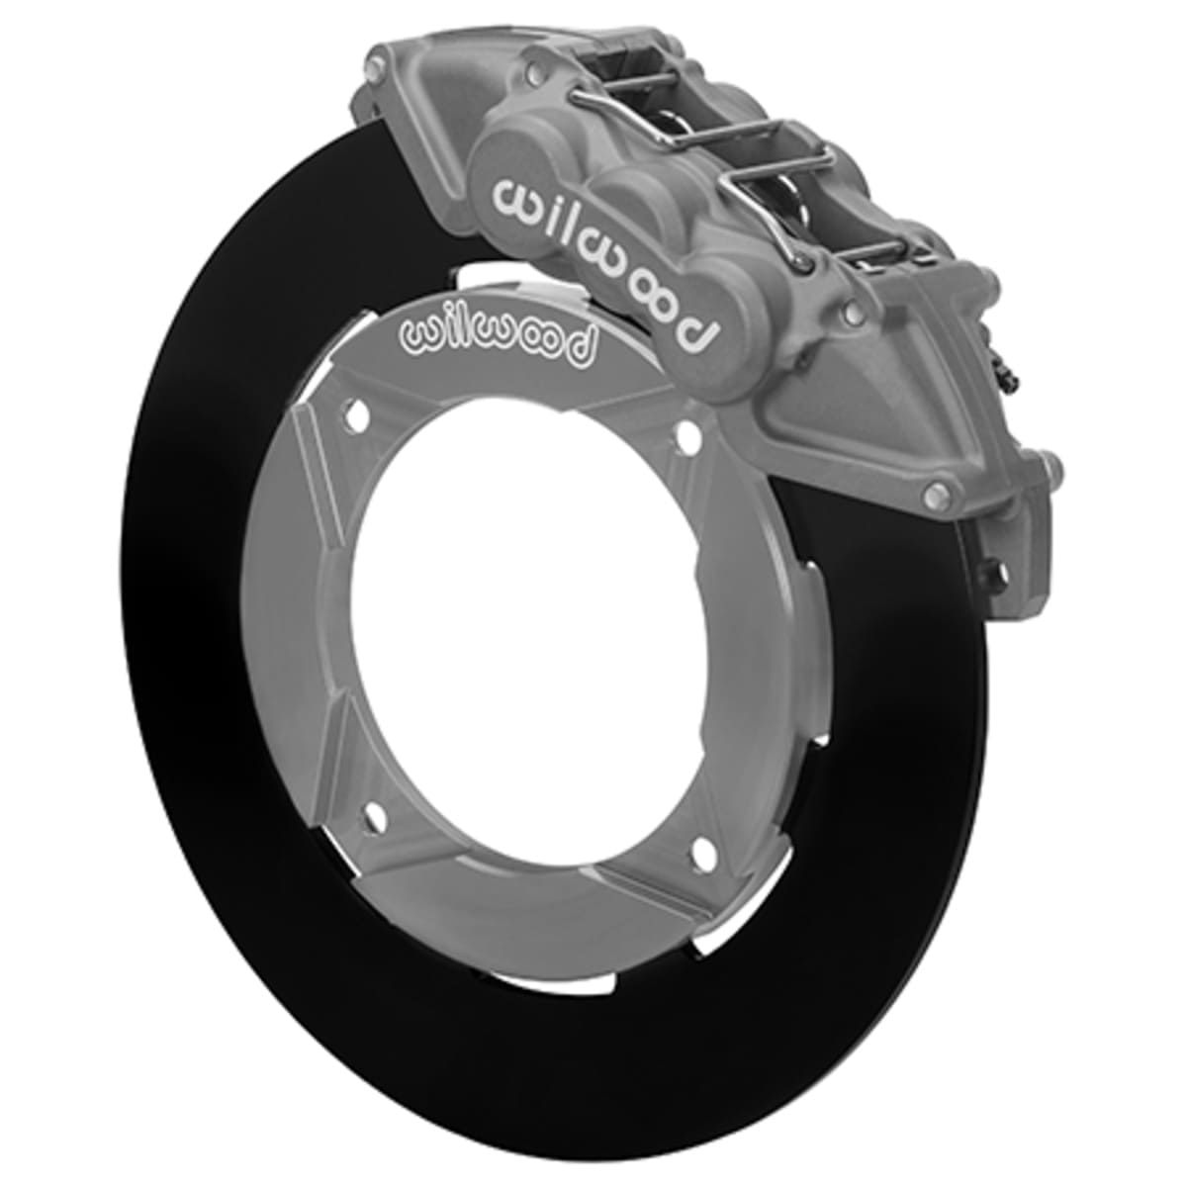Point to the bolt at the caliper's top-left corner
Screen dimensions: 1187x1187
(x=373, y=70)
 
